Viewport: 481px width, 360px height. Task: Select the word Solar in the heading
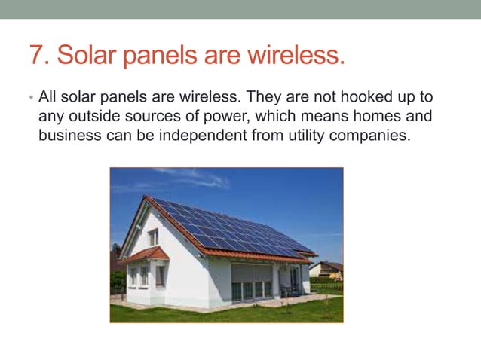point(84,56)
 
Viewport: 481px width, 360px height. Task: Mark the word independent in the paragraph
point(202,136)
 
